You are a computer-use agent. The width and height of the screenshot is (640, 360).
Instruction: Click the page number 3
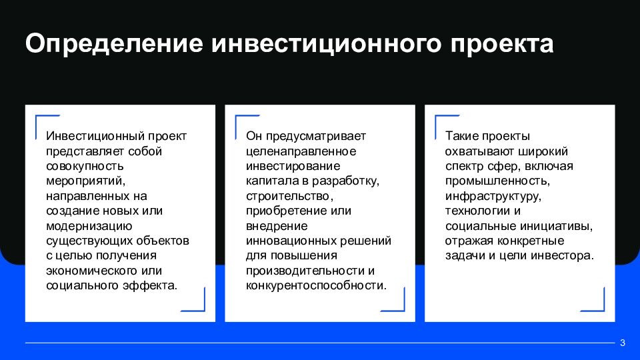[622, 343]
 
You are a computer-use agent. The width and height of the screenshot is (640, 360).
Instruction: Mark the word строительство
[288, 196]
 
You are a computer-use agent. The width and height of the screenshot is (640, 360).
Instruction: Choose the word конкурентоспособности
[315, 285]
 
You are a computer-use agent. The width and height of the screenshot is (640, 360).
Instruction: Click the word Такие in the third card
[461, 136]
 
